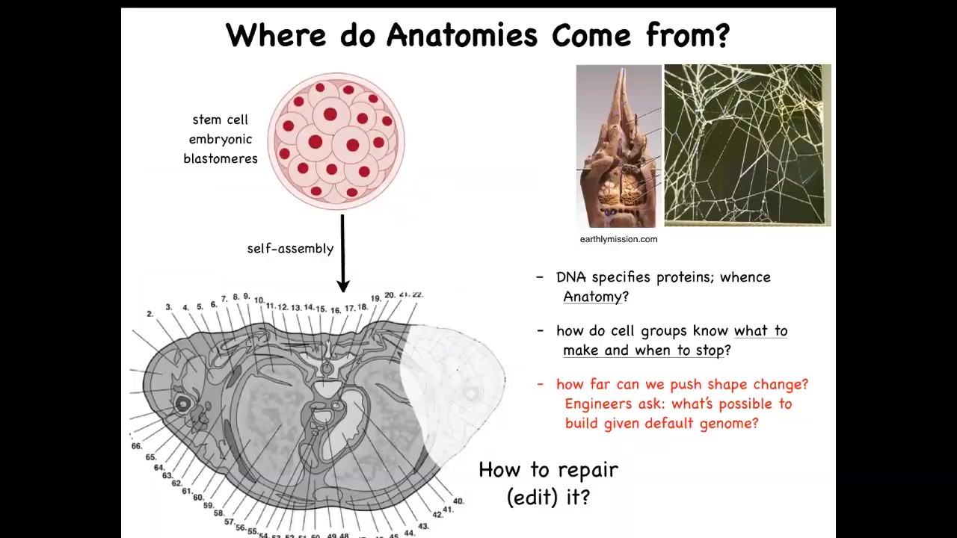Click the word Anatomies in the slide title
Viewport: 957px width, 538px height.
(462, 35)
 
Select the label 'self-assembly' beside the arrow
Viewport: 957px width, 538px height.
(291, 249)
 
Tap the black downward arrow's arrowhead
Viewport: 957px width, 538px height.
(343, 285)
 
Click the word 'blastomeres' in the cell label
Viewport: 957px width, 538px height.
(221, 159)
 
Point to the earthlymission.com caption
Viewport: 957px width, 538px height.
(618, 240)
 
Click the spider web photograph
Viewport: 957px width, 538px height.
(748, 145)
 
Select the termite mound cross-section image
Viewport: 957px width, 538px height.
(618, 146)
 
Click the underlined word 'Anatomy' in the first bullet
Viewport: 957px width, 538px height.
(593, 297)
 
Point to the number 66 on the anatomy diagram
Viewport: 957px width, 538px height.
(136, 446)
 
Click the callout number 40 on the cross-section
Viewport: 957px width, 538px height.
(458, 501)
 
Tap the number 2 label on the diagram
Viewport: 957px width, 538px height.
(150, 315)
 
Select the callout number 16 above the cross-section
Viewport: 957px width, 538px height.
(336, 310)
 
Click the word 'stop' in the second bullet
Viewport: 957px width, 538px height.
(710, 351)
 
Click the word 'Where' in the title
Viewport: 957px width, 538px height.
(276, 35)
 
